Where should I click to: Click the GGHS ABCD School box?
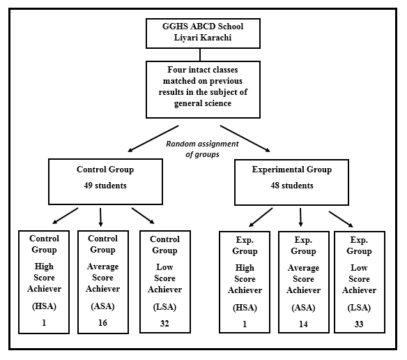click(x=203, y=33)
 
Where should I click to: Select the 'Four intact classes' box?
click(x=203, y=90)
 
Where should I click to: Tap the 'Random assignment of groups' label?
click(x=202, y=149)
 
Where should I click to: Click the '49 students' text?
click(x=105, y=186)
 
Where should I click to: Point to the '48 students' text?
click(x=292, y=186)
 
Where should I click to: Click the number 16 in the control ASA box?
click(x=102, y=323)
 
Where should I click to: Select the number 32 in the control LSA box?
click(x=164, y=324)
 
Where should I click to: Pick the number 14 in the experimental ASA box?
click(x=303, y=324)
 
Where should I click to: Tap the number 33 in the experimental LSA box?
click(x=359, y=324)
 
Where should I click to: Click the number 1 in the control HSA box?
click(x=44, y=323)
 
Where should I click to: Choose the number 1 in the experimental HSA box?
click(x=245, y=324)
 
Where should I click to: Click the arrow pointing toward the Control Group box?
click(x=153, y=139)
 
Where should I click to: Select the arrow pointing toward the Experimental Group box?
click(x=245, y=139)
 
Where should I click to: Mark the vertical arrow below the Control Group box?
click(x=100, y=217)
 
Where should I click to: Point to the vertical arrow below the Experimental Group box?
click(x=300, y=217)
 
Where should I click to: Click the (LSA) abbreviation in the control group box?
click(x=164, y=307)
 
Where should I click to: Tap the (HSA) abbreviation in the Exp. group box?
click(x=245, y=308)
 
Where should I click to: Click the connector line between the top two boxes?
click(x=200, y=55)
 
